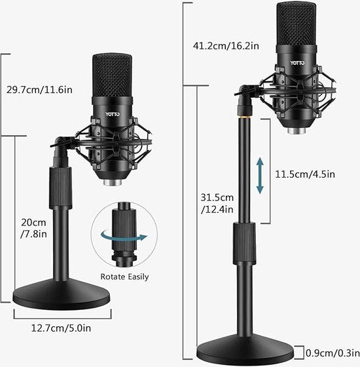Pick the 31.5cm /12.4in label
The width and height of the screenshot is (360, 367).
219,203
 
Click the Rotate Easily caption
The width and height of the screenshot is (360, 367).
125,277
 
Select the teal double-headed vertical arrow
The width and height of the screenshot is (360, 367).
261,175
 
